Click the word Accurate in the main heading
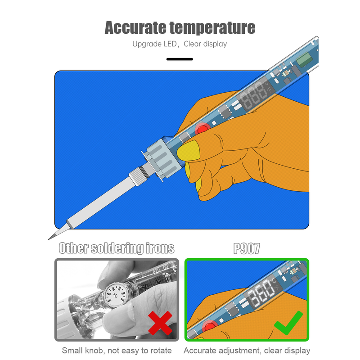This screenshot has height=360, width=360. [135, 27]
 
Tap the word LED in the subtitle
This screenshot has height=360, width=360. [171, 44]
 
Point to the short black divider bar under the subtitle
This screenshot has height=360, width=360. [180, 59]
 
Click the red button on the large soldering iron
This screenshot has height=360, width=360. [202, 129]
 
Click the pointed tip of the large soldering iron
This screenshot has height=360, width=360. [49, 239]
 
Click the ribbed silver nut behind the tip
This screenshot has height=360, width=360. [138, 176]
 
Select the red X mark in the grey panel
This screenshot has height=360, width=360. [160, 323]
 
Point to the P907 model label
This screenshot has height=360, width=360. [247, 248]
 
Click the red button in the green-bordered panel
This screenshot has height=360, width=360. [209, 326]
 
